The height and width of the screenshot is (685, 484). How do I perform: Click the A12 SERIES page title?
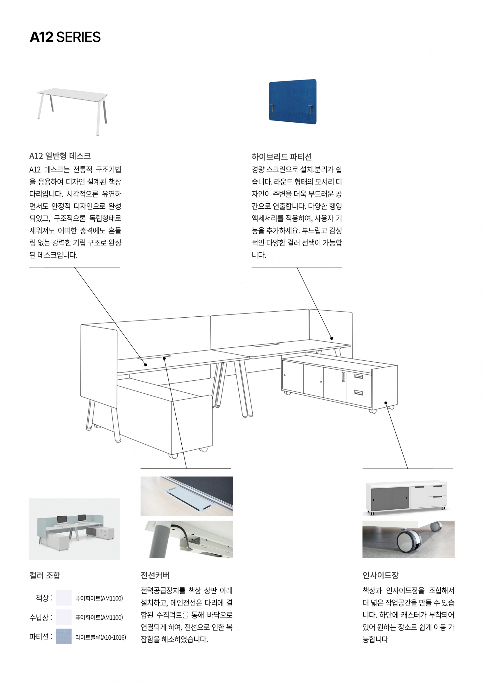click(x=65, y=37)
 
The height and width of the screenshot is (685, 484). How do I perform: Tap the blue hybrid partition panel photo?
click(x=292, y=100)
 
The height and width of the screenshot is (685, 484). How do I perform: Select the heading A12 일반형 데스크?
click(x=60, y=156)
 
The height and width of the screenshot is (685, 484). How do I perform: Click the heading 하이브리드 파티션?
click(x=282, y=156)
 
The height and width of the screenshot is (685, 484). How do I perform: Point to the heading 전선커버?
click(x=155, y=575)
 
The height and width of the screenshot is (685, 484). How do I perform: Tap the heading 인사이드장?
click(x=380, y=575)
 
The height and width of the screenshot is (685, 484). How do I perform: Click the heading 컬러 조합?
click(x=45, y=575)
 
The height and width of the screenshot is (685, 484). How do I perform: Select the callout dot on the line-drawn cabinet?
click(x=386, y=403)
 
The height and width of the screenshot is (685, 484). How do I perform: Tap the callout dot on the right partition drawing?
click(x=332, y=338)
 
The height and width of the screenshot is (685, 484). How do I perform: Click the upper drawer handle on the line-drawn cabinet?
click(x=358, y=376)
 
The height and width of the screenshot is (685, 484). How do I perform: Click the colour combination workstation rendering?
click(x=75, y=529)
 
